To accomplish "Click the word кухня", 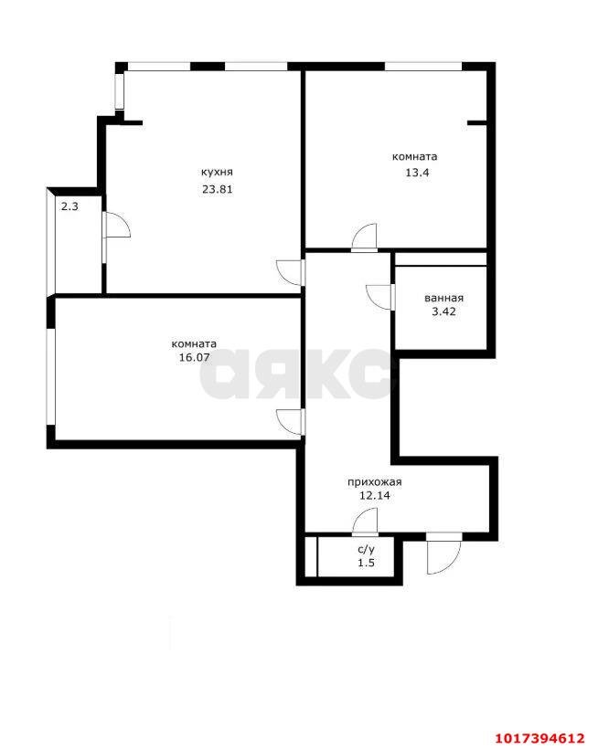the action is tap(217, 172).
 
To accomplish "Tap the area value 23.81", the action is tap(217, 189).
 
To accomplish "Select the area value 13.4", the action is tap(417, 173).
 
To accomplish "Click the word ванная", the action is tap(443, 298).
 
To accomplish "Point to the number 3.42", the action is tap(443, 311).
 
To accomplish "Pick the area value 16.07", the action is tap(194, 357).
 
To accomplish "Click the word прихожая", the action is tap(374, 482).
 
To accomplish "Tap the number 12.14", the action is tap(375, 495).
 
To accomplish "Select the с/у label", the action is tap(366, 549).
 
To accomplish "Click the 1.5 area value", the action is tap(366, 563).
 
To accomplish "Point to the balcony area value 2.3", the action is tap(69, 206).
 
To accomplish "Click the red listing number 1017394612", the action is tap(539, 738).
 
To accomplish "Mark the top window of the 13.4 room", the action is tap(423, 67).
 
